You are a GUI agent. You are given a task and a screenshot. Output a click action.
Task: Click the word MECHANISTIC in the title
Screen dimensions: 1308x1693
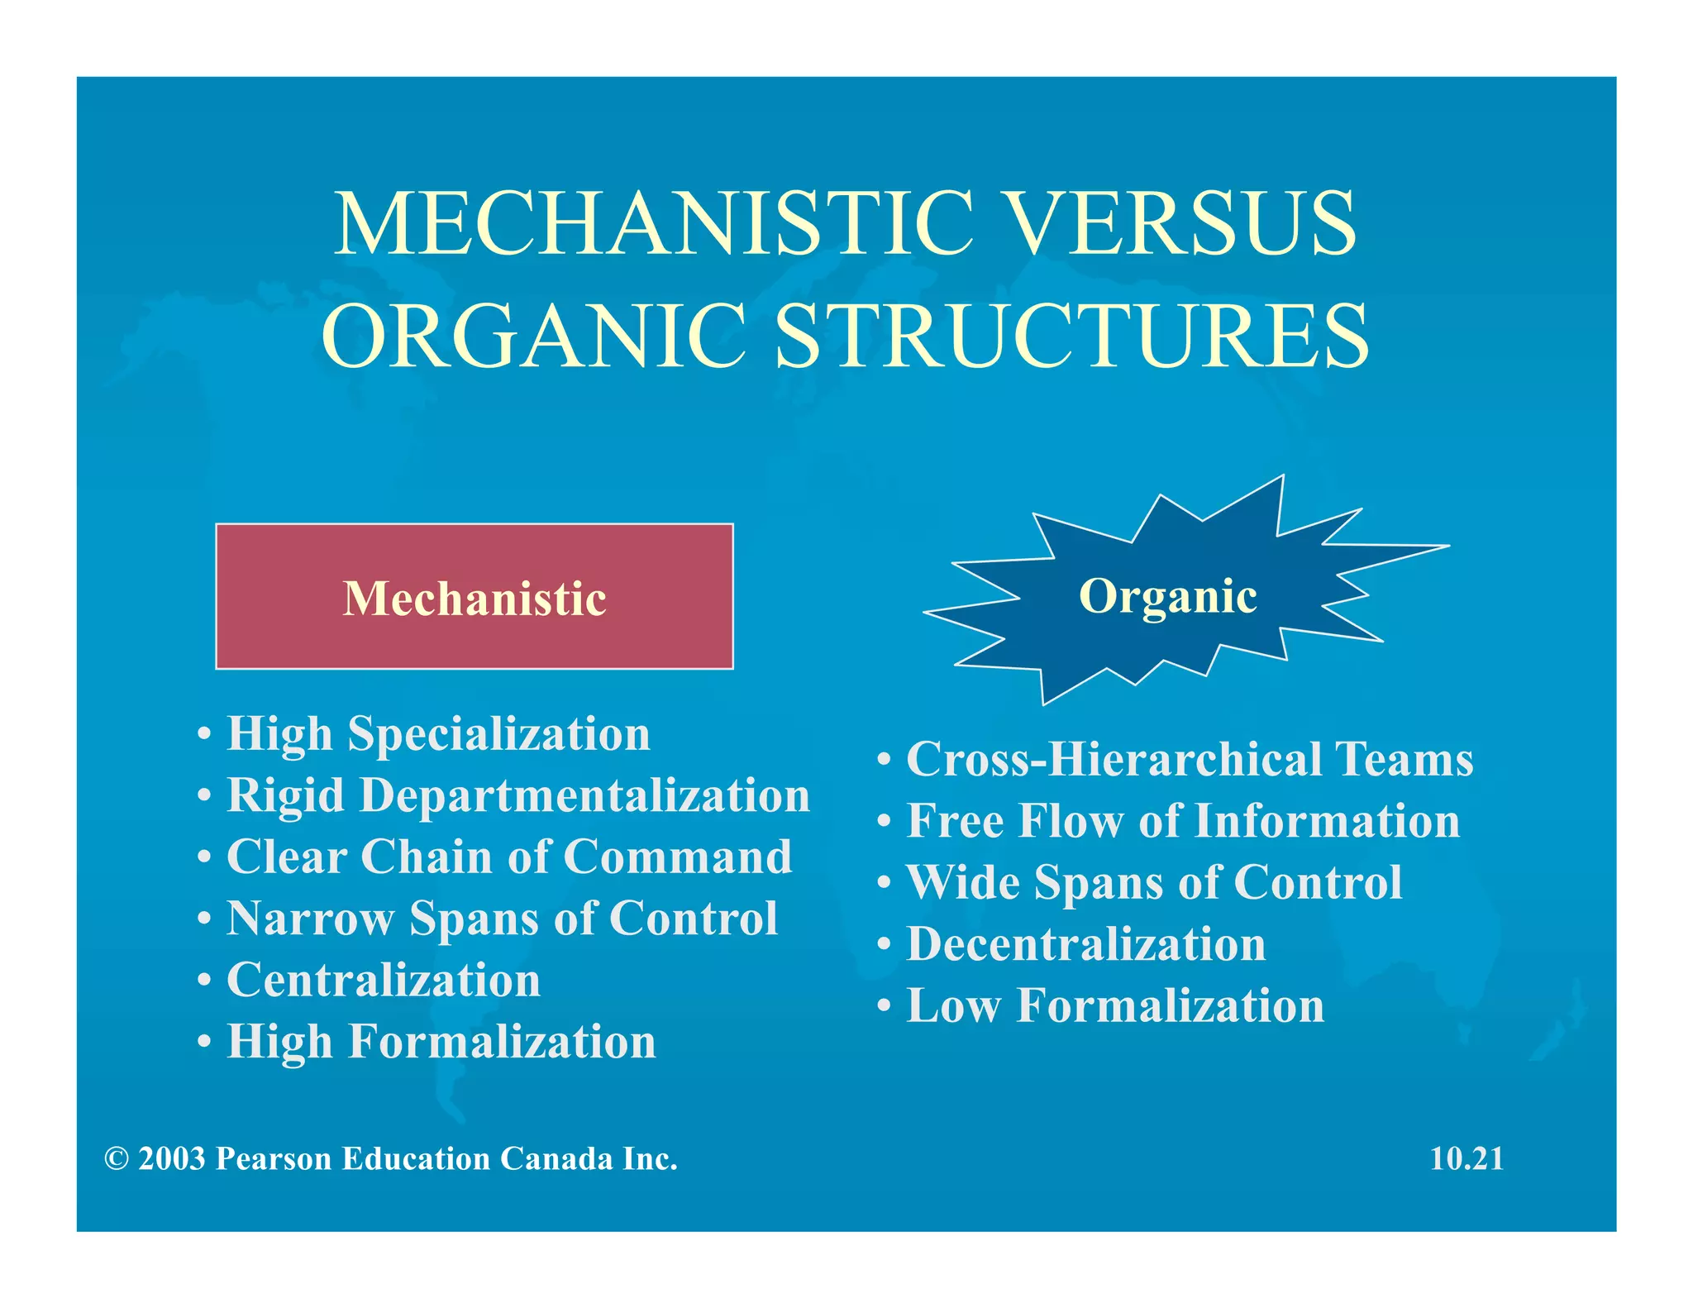pyautogui.click(x=653, y=223)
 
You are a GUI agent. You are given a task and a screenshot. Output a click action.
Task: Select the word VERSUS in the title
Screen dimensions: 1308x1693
pyautogui.click(x=1182, y=223)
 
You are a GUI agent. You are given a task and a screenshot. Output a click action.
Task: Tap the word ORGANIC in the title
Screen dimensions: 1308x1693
pyautogui.click(x=533, y=335)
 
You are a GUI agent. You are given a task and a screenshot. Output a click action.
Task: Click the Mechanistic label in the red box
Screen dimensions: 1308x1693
pyautogui.click(x=475, y=598)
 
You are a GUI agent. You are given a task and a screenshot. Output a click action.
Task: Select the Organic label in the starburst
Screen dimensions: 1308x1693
pyautogui.click(x=1167, y=595)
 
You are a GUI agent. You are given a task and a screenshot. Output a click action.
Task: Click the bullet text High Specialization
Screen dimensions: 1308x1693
pyautogui.click(x=438, y=734)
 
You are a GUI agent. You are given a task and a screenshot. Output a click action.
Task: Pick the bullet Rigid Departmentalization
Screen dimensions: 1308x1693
pyautogui.click(x=518, y=795)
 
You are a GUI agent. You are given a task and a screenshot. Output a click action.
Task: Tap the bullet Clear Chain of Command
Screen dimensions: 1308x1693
pyautogui.click(x=509, y=857)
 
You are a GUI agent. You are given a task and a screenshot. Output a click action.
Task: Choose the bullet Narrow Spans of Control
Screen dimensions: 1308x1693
pyautogui.click(x=503, y=918)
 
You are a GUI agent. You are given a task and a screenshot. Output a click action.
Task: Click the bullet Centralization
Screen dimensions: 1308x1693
pyautogui.click(x=384, y=980)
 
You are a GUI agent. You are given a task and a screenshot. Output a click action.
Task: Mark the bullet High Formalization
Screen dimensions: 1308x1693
pyautogui.click(x=441, y=1041)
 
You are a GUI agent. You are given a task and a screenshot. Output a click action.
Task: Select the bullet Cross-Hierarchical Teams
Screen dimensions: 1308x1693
pyautogui.click(x=1190, y=759)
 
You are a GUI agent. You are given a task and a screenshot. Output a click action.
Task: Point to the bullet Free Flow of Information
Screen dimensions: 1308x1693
pyautogui.click(x=1183, y=821)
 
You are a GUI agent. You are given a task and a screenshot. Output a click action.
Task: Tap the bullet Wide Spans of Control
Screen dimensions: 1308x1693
pyautogui.click(x=1154, y=882)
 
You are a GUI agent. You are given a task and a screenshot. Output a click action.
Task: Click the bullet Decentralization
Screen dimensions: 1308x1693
pyautogui.click(x=1086, y=944)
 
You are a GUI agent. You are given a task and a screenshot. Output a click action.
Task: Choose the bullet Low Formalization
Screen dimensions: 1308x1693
pyautogui.click(x=1115, y=1005)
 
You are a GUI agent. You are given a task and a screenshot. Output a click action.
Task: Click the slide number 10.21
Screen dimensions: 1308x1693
pyautogui.click(x=1466, y=1158)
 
